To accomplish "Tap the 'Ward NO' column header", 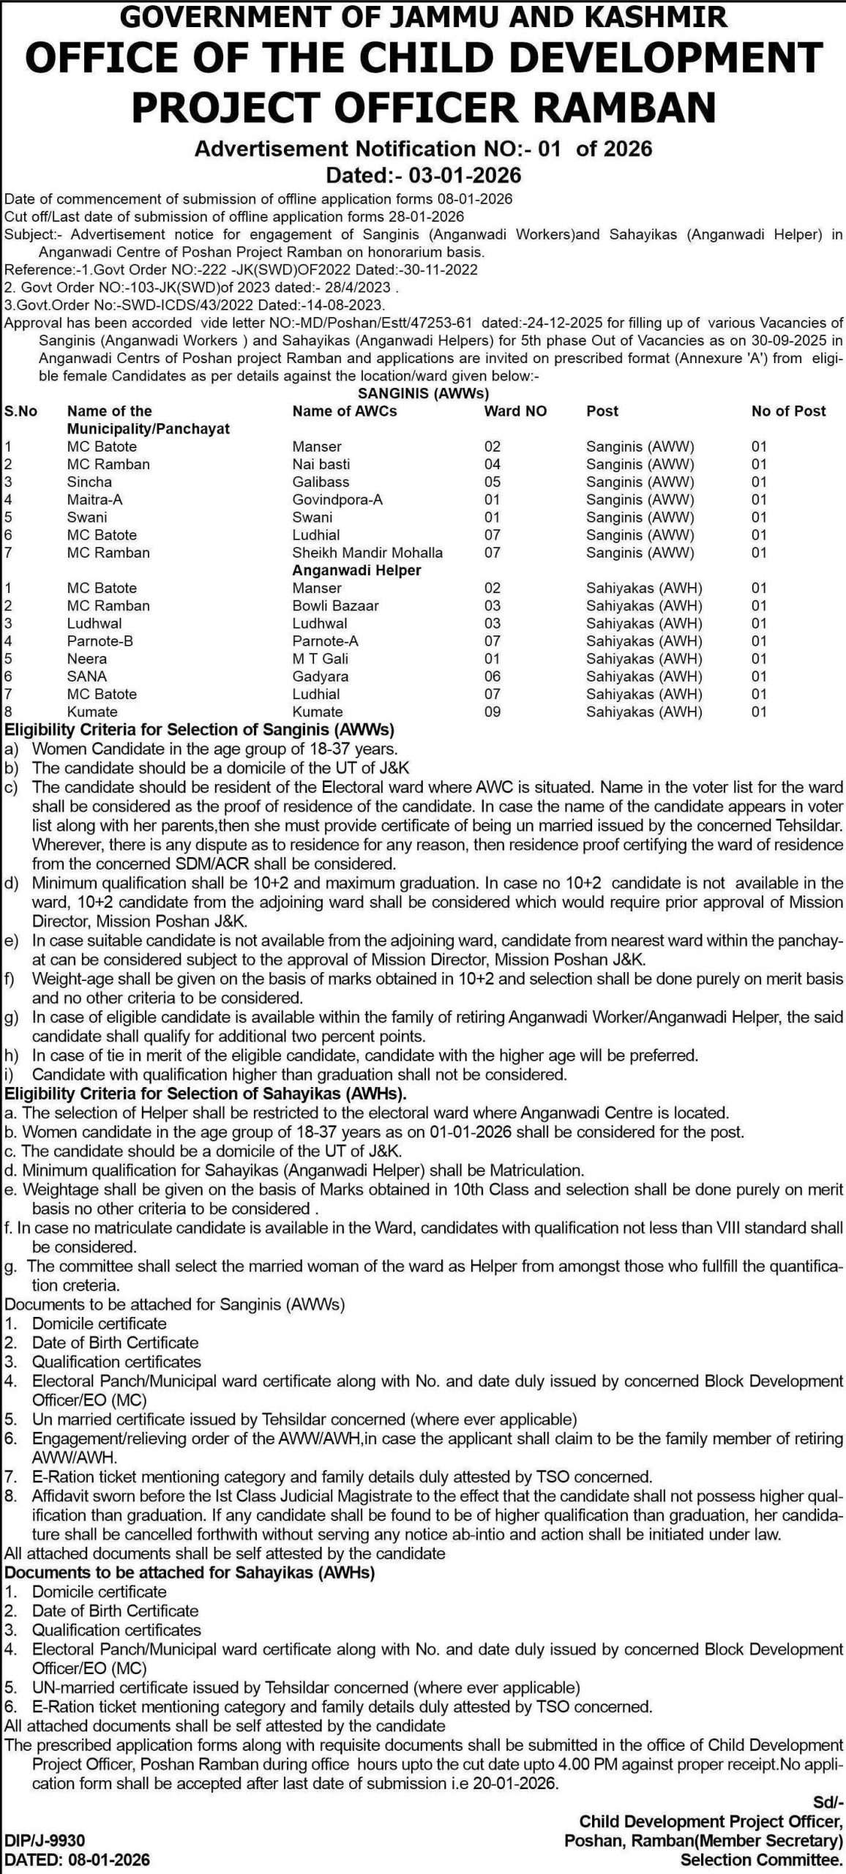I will tap(515, 411).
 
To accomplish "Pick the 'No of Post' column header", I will tap(788, 411).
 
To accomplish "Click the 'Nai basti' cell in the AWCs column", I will tap(321, 464).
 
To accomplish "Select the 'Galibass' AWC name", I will tap(321, 482).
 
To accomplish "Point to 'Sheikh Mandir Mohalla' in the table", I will tap(367, 553).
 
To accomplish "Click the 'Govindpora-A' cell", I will tap(337, 499).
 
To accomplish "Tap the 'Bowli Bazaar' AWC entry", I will tap(335, 605).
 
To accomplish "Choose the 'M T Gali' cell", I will tap(320, 659).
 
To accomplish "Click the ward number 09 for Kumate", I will tap(493, 712).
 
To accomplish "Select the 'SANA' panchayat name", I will tap(86, 676).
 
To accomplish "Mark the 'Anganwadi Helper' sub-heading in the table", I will tap(356, 570).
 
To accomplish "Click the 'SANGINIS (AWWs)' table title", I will tap(423, 393).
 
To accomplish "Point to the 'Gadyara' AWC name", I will tap(320, 676).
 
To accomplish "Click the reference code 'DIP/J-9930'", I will tap(45, 1834).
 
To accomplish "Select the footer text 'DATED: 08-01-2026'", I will tap(77, 1854).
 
